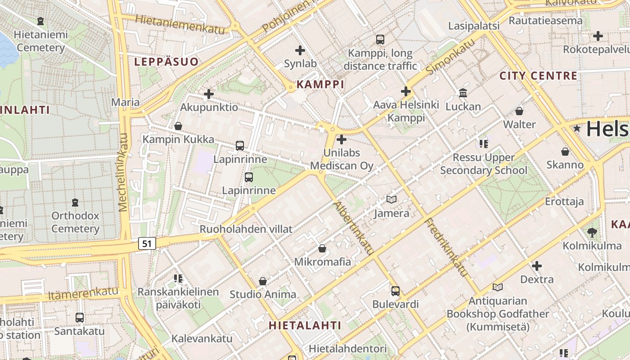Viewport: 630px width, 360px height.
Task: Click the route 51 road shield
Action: click(147, 243)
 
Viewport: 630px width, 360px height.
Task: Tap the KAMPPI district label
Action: click(320, 84)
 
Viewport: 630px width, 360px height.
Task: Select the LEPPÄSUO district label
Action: click(166, 62)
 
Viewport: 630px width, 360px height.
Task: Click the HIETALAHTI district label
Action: click(305, 325)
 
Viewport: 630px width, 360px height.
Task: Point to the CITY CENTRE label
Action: click(538, 76)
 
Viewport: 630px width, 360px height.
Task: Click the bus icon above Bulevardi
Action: click(395, 291)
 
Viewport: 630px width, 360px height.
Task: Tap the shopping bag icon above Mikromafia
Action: click(322, 248)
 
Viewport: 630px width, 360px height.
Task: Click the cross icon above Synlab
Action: click(300, 50)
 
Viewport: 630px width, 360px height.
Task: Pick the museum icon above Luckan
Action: click(463, 93)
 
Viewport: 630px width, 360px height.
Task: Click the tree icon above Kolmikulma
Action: click(592, 233)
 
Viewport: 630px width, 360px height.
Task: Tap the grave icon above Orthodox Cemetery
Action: click(75, 202)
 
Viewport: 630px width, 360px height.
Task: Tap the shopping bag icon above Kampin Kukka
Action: click(178, 126)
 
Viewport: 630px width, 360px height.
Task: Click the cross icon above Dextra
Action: click(536, 266)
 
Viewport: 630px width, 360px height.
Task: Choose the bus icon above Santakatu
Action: click(80, 318)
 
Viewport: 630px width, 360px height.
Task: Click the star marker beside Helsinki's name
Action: click(577, 129)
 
